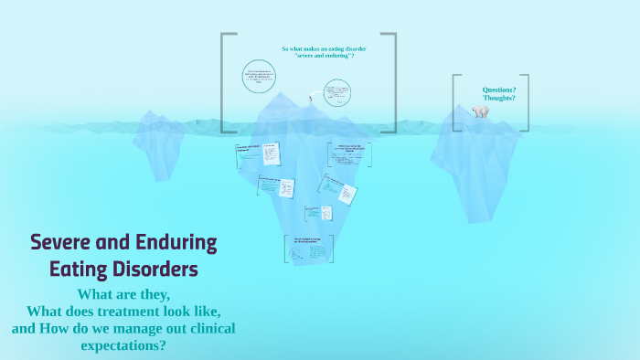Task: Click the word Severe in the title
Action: coord(61,243)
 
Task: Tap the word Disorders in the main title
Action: coord(152,270)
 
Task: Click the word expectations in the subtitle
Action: coord(125,346)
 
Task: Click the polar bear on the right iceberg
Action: coord(480,111)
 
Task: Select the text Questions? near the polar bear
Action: coord(499,90)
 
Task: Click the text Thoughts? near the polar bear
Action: coord(499,98)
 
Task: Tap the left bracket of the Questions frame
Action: coord(455,103)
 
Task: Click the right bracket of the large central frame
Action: coord(393,82)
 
